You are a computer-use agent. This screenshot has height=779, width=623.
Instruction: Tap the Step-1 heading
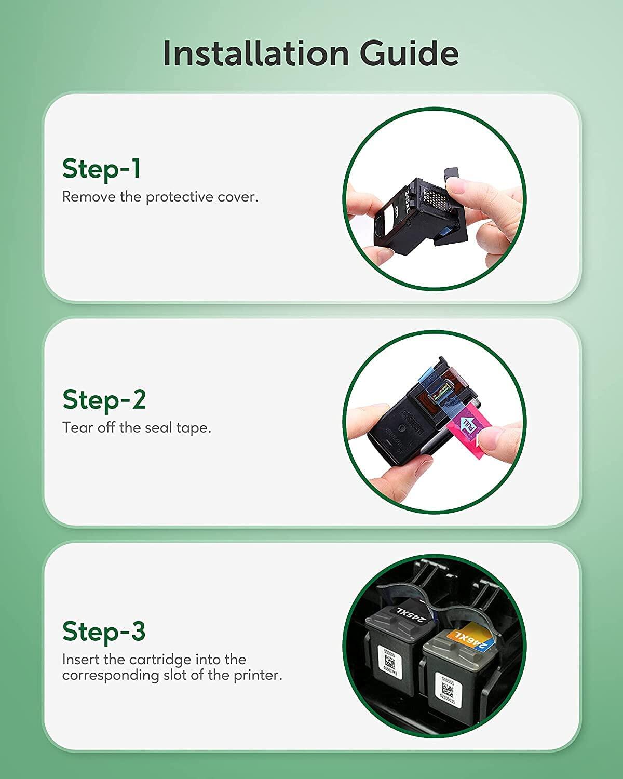pyautogui.click(x=101, y=169)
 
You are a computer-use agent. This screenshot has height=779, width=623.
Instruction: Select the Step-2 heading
pyautogui.click(x=104, y=399)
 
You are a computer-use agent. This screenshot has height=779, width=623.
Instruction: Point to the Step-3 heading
pyautogui.click(x=104, y=631)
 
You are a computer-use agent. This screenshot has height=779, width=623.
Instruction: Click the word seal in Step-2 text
pyautogui.click(x=158, y=428)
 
